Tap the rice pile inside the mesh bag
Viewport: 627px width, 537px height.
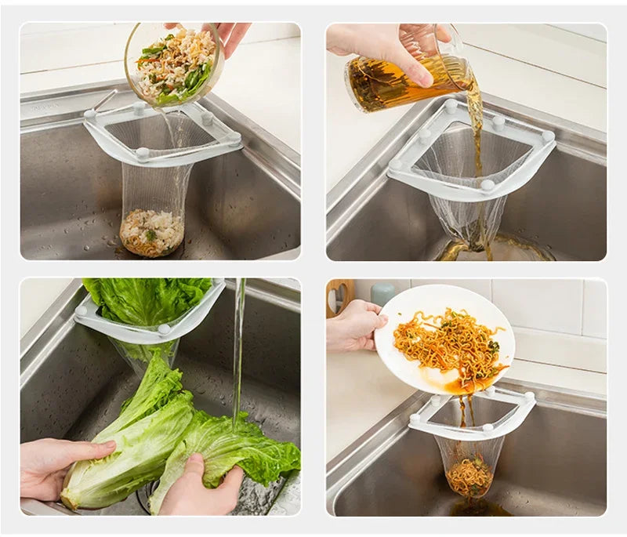point(151,233)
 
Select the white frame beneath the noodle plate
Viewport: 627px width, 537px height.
point(470,415)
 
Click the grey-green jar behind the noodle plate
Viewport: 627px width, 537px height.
point(382,293)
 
